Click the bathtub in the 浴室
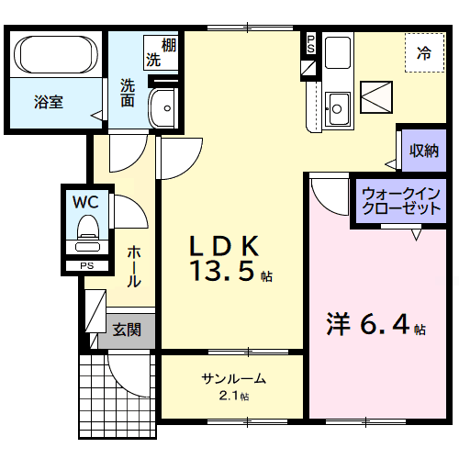click(56, 56)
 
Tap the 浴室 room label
click(49, 102)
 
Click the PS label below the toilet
click(87, 266)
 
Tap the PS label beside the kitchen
click(310, 43)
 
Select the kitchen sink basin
click(337, 109)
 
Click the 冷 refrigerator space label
click(423, 52)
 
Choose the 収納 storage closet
click(423, 150)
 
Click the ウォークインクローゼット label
click(400, 201)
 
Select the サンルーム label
click(234, 378)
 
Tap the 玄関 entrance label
click(127, 329)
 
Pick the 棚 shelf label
click(169, 44)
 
